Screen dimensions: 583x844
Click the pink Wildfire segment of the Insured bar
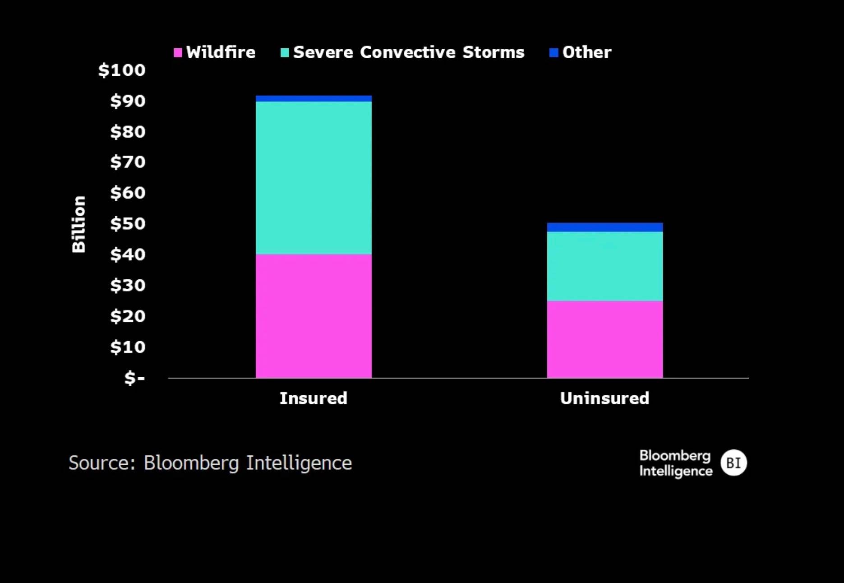[314, 316]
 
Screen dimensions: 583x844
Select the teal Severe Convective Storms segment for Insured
[314, 178]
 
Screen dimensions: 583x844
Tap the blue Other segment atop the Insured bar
[314, 98]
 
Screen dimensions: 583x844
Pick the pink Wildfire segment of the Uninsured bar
[605, 339]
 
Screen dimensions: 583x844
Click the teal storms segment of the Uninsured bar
[605, 266]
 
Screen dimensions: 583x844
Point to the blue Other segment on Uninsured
[605, 227]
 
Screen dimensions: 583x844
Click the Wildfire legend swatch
[178, 53]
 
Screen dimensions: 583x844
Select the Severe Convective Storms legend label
[409, 52]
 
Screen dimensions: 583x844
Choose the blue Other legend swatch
[553, 53]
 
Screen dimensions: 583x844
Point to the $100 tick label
[122, 70]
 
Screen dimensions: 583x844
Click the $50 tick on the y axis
[128, 224]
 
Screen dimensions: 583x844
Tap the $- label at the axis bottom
[134, 378]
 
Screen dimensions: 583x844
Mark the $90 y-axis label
[128, 101]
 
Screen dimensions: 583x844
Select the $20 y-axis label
[128, 316]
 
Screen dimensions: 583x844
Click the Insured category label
[314, 398]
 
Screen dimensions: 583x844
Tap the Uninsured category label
[604, 398]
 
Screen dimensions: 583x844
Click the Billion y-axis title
[79, 224]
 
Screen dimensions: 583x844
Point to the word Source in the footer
[101, 463]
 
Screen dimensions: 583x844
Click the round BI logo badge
[733, 463]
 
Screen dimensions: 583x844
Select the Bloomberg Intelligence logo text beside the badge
[675, 463]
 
